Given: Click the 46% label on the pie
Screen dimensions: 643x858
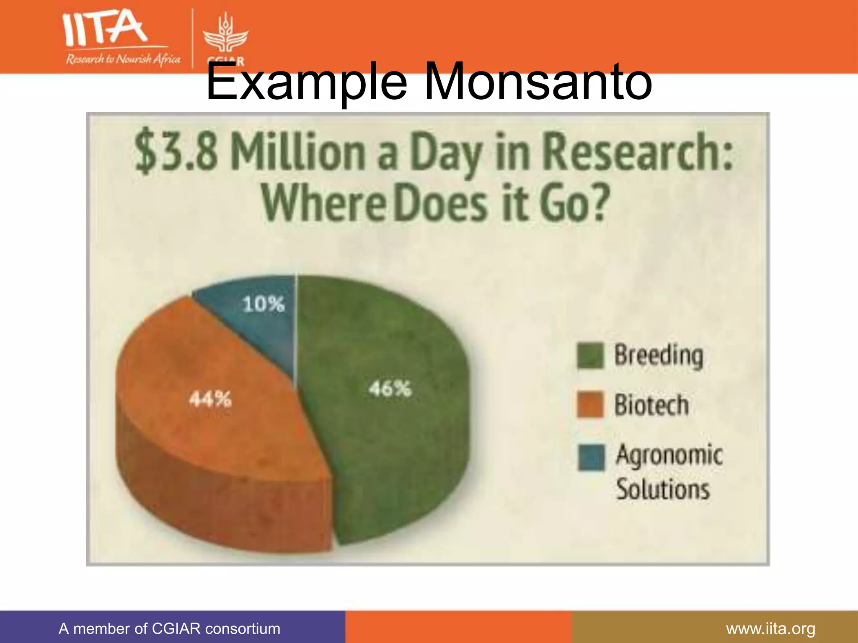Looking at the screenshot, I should point(390,389).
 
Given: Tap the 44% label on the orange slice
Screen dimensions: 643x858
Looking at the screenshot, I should point(210,399).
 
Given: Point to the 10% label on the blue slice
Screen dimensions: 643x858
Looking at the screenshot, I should point(263,304).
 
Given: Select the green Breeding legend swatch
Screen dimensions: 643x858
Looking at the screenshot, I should point(590,355).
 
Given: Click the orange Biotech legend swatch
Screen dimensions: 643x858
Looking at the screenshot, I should point(590,405).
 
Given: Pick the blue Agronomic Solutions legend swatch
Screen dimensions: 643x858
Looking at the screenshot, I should point(591,458).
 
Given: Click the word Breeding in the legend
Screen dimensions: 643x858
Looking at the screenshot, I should point(659,355).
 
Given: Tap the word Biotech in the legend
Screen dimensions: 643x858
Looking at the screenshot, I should point(651,405).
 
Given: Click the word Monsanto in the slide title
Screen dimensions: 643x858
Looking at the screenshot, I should point(538,81).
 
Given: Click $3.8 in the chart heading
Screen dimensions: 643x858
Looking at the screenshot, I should point(176,152).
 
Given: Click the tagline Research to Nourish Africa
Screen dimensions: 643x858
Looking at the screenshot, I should point(123,59).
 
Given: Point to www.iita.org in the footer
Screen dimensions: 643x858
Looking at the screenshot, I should point(770,629).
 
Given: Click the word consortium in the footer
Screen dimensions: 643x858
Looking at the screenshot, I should point(243,629).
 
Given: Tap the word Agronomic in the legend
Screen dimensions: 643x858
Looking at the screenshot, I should point(669,455).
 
